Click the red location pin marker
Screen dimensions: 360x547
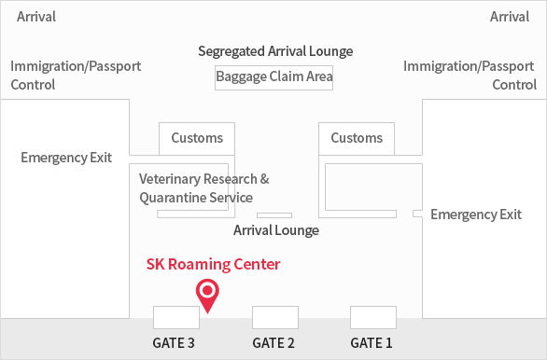[207, 294]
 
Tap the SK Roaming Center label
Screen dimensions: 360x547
[213, 265]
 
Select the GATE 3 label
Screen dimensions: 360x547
[174, 343]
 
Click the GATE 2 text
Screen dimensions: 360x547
[273, 343]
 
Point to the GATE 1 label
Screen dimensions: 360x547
[372, 343]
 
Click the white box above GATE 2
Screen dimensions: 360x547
[274, 317]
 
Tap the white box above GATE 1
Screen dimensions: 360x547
[373, 317]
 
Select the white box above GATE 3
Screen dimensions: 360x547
[176, 317]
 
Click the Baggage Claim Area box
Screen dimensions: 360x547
[274, 76]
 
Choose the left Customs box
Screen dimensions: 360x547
[197, 138]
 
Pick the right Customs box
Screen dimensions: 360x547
[357, 138]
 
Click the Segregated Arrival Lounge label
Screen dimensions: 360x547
[275, 51]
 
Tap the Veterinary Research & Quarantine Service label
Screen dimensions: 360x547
[203, 188]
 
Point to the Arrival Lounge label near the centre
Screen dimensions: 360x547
[276, 230]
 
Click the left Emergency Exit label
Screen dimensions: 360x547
[66, 158]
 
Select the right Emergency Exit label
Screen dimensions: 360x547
[476, 215]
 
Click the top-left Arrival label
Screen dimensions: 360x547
[36, 17]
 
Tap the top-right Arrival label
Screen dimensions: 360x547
[510, 17]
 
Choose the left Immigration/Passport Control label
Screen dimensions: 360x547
[76, 76]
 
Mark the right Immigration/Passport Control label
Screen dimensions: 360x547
[470, 76]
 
